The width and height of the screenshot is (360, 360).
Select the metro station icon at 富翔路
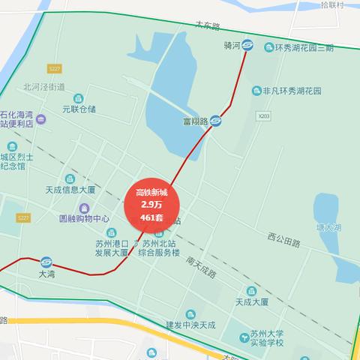coord(215,120)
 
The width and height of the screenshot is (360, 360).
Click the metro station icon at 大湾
coord(46,262)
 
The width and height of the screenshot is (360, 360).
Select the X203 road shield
coord(263,116)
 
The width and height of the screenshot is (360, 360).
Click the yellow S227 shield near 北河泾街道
coord(53,68)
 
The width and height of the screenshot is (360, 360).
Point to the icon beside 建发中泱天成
coord(190,313)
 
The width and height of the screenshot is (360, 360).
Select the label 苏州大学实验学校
coord(267,337)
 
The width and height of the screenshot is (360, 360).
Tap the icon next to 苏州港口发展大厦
coord(112,232)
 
